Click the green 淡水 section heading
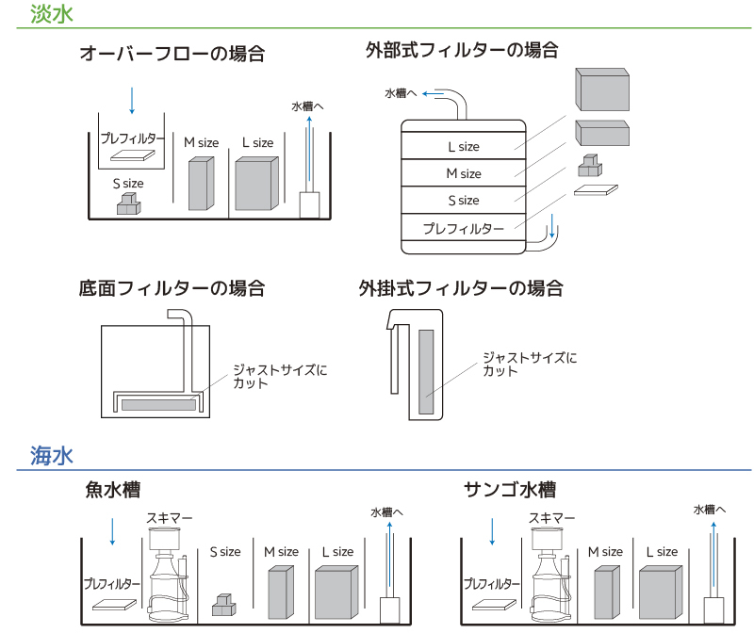(51, 14)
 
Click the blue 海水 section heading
(51, 456)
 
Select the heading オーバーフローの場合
(172, 54)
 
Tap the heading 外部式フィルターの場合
(461, 50)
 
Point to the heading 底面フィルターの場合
(172, 287)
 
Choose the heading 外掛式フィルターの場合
(461, 287)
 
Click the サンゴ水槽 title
(509, 490)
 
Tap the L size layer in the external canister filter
(463, 146)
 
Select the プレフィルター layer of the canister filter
(463, 228)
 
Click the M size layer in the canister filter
(463, 173)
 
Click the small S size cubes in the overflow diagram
(128, 204)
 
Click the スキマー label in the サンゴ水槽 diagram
(551, 517)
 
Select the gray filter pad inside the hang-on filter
(426, 371)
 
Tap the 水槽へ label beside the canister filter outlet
(402, 93)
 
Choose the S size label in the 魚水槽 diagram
(224, 552)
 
